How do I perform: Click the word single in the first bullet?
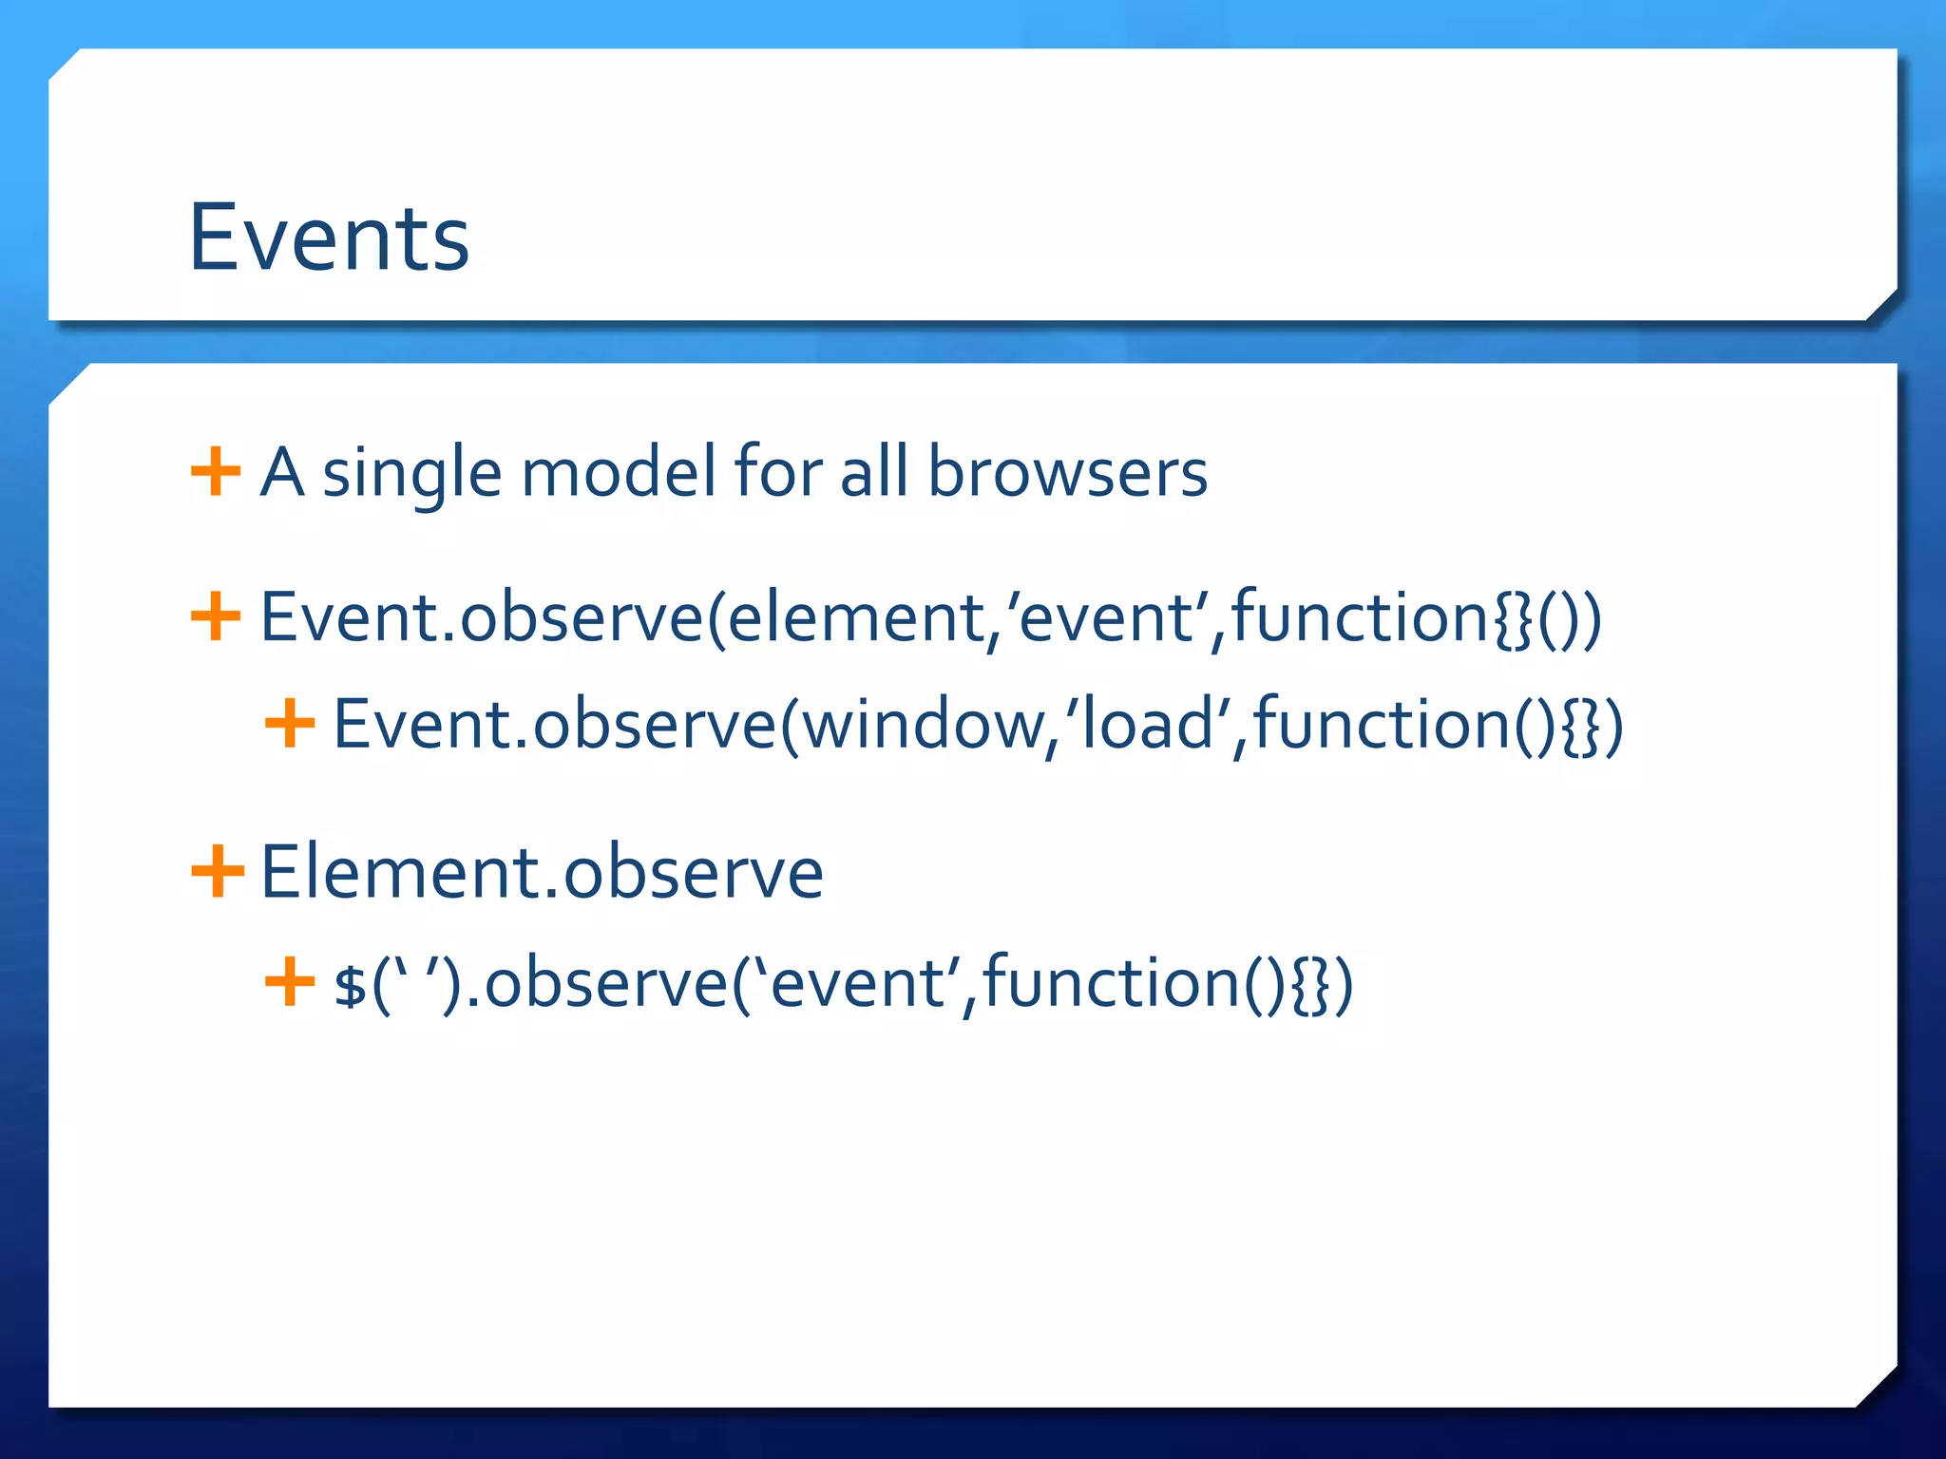click(x=410, y=473)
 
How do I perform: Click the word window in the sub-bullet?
click(x=922, y=726)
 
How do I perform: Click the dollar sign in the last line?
click(x=350, y=984)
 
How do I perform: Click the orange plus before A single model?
click(x=216, y=471)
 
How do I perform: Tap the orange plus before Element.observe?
click(x=217, y=871)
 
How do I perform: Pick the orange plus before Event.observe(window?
click(x=290, y=724)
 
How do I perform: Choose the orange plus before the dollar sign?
click(x=290, y=982)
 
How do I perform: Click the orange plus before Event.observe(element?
click(x=216, y=616)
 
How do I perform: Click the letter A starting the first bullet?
click(x=281, y=471)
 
